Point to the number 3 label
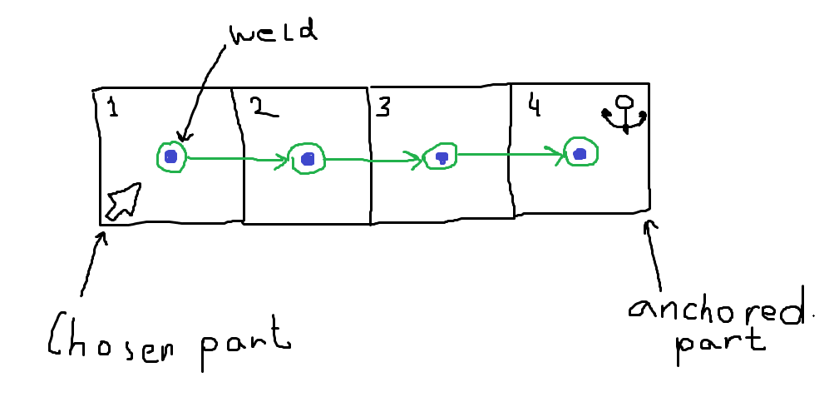[383, 108]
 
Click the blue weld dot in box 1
[171, 156]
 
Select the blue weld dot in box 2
[308, 158]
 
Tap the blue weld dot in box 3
[442, 156]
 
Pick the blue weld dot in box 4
[580, 152]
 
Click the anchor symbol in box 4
[624, 114]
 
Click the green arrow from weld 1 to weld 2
[237, 157]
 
